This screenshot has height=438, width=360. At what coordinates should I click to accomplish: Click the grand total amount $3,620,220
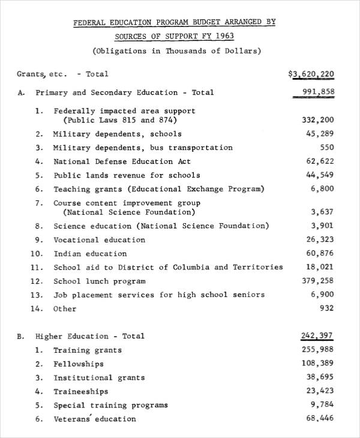(x=311, y=74)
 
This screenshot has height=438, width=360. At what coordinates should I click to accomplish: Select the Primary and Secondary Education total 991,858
(x=314, y=92)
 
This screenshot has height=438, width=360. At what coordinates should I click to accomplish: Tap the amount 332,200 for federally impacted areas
(x=316, y=120)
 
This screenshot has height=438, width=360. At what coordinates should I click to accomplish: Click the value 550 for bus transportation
(x=327, y=148)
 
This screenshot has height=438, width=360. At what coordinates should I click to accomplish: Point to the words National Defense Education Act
(x=122, y=161)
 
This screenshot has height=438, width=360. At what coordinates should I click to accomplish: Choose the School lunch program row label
(x=100, y=281)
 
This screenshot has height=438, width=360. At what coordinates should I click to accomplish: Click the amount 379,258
(x=316, y=281)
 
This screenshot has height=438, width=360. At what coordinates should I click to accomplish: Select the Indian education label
(x=90, y=254)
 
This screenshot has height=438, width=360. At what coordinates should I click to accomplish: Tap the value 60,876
(x=319, y=253)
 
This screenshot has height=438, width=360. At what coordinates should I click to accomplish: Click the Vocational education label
(x=99, y=240)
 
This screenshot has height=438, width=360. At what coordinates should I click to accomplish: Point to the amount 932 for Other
(x=326, y=308)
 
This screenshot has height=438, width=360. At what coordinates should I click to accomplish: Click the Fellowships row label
(x=78, y=364)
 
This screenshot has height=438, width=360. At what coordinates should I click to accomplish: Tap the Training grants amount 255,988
(x=316, y=350)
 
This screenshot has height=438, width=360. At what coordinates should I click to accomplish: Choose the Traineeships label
(x=80, y=392)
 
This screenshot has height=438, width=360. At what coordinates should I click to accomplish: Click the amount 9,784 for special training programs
(x=322, y=405)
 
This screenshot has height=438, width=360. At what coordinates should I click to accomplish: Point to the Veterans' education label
(x=94, y=419)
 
